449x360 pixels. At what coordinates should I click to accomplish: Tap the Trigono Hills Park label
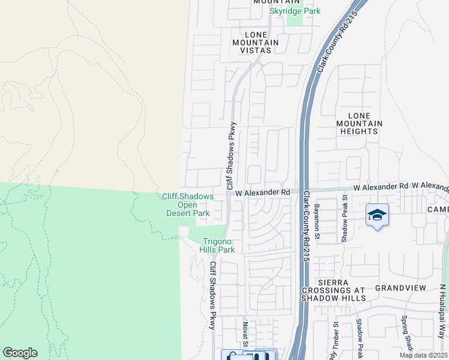(x=217, y=245)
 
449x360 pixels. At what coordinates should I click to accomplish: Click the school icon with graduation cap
(x=377, y=215)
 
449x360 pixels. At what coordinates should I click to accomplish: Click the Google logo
(x=20, y=353)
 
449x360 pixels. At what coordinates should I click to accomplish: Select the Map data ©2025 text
(x=423, y=355)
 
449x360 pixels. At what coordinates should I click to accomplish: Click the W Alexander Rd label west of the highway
(x=263, y=193)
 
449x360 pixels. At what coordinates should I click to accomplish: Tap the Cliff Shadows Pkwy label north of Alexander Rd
(x=231, y=157)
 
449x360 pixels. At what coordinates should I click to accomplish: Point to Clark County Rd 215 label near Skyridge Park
(x=338, y=41)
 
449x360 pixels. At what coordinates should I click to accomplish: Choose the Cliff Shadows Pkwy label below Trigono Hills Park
(x=212, y=295)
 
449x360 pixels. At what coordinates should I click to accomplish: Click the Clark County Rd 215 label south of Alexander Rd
(x=306, y=226)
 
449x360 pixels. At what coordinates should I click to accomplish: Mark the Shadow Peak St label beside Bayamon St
(x=345, y=218)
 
